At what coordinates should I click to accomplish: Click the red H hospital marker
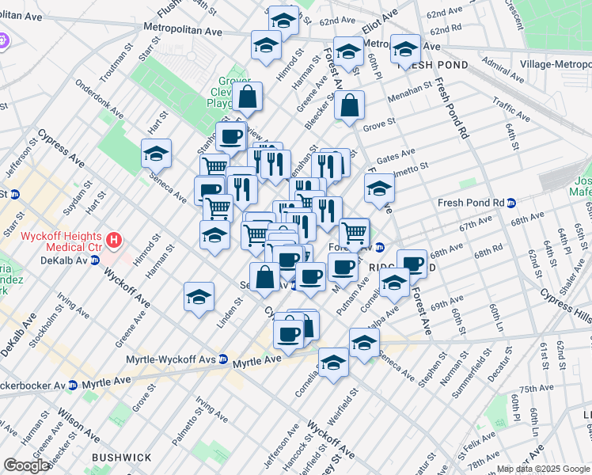115,238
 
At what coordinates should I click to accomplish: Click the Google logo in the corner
26,465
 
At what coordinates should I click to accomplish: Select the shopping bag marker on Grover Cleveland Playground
247,98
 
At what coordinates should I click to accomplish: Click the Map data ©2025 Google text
542,469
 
